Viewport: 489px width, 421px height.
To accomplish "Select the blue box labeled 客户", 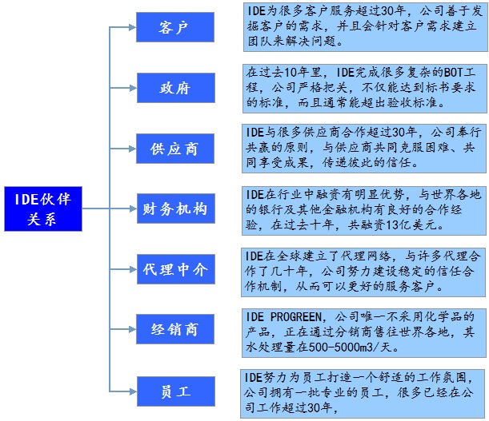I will [174, 28].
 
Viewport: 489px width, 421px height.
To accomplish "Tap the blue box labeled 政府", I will [174, 88].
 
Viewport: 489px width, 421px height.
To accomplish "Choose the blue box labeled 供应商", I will [174, 149].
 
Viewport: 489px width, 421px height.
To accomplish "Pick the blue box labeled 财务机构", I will [174, 209].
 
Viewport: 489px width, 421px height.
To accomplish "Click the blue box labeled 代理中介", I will [174, 269].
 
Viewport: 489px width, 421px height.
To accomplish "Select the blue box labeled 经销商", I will [174, 329].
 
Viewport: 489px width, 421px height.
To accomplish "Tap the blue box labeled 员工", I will [174, 391].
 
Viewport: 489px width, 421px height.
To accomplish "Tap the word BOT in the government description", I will [420, 72].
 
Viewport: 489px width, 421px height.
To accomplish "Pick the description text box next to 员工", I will [364, 392].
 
